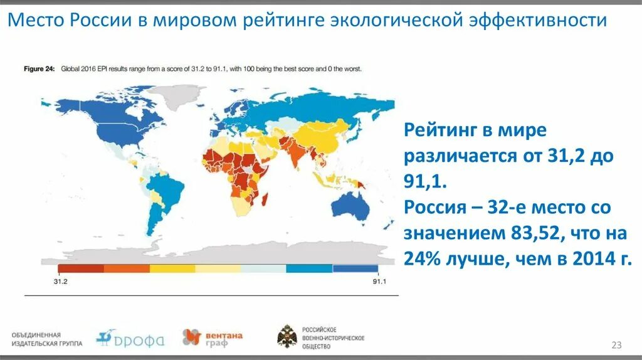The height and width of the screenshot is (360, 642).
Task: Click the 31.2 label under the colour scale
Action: click(61, 282)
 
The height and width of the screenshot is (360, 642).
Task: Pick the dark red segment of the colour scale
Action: click(80, 268)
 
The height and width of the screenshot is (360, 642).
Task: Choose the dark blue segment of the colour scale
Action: click(355, 268)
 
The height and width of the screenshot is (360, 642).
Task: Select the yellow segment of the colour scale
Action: click(172, 268)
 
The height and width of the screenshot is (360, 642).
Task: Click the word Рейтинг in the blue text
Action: click(442, 131)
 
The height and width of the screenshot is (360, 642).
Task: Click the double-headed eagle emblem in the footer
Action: click(287, 337)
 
